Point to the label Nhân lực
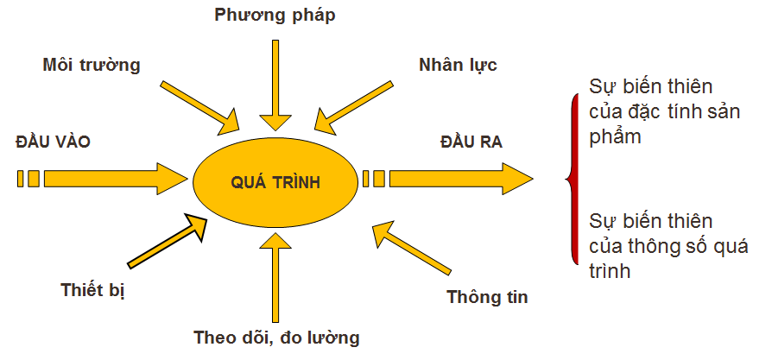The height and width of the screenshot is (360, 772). point(458,65)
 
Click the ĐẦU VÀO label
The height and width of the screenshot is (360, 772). point(54,140)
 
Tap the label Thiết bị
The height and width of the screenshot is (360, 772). point(93,289)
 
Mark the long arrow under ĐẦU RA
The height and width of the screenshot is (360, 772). point(458,179)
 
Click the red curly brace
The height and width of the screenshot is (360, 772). point(571,180)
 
